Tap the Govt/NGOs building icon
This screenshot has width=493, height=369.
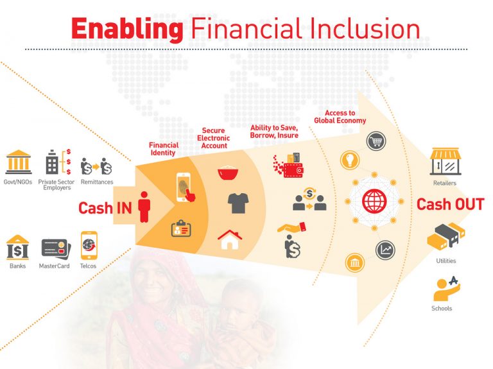[x=19, y=163]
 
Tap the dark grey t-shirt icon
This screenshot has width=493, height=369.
[x=238, y=203]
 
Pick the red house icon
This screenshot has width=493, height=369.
[x=230, y=240]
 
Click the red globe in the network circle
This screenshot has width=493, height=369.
[x=374, y=202]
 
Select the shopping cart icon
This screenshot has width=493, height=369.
[x=376, y=142]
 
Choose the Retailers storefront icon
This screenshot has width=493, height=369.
[x=445, y=161]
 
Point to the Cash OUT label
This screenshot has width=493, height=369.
[x=450, y=205]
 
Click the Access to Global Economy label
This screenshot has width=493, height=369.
[x=340, y=117]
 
